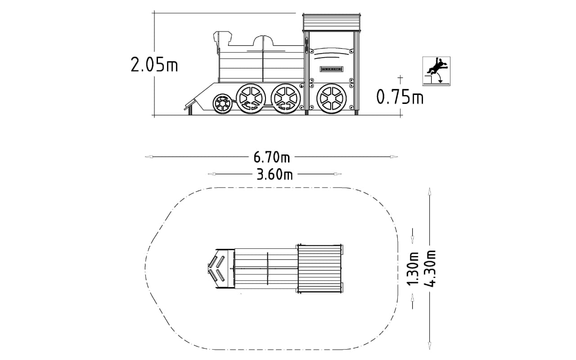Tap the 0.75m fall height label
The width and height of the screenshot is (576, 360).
pyautogui.click(x=400, y=97)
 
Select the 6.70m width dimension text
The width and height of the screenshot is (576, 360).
pyautogui.click(x=271, y=157)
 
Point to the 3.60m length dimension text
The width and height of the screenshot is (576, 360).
pyautogui.click(x=274, y=175)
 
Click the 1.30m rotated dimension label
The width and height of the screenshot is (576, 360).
pyautogui.click(x=413, y=269)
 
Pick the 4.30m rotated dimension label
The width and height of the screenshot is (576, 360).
pyautogui.click(x=429, y=268)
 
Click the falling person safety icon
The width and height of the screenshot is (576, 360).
pyautogui.click(x=436, y=71)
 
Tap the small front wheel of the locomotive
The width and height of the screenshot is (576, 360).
pyautogui.click(x=222, y=103)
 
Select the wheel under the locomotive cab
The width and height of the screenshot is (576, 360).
pyautogui.click(x=332, y=99)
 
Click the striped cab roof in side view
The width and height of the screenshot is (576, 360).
pyautogui.click(x=332, y=22)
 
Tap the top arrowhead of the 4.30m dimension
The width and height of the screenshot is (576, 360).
pyautogui.click(x=429, y=192)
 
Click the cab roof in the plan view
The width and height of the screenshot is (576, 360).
pyautogui.click(x=320, y=269)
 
